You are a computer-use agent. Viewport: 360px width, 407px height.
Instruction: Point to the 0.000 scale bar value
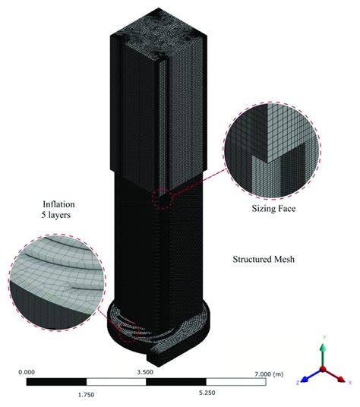click(x=26, y=372)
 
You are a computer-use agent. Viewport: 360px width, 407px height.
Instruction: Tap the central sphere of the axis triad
click(x=323, y=368)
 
